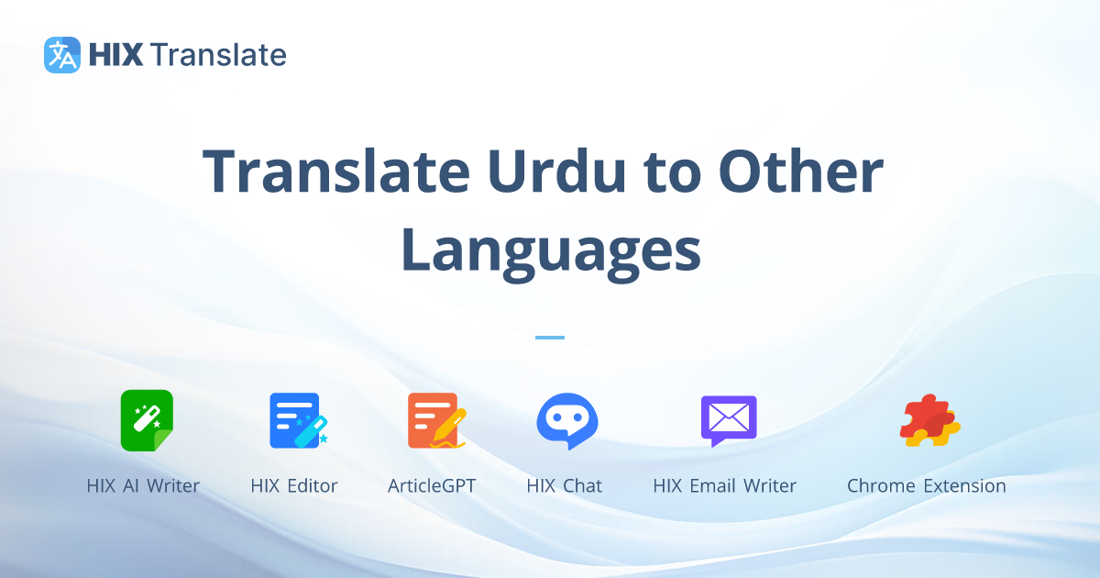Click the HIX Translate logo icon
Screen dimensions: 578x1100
(x=62, y=55)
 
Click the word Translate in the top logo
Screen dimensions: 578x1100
(x=218, y=55)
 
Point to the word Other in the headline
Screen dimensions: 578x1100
(x=800, y=172)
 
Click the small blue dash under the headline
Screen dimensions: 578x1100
(x=550, y=338)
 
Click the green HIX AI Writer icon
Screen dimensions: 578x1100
(x=147, y=420)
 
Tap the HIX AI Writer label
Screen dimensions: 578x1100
(x=143, y=486)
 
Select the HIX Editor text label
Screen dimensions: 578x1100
(x=294, y=486)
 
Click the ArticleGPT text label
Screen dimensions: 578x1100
(x=432, y=486)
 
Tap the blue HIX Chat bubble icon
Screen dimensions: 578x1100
(x=566, y=421)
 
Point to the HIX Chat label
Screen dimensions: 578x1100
(x=565, y=486)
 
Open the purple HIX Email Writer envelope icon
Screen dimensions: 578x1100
(x=728, y=420)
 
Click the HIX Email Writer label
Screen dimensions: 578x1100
(x=724, y=486)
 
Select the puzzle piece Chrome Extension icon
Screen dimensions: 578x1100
(x=929, y=421)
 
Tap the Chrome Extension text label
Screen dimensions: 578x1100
(x=926, y=486)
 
